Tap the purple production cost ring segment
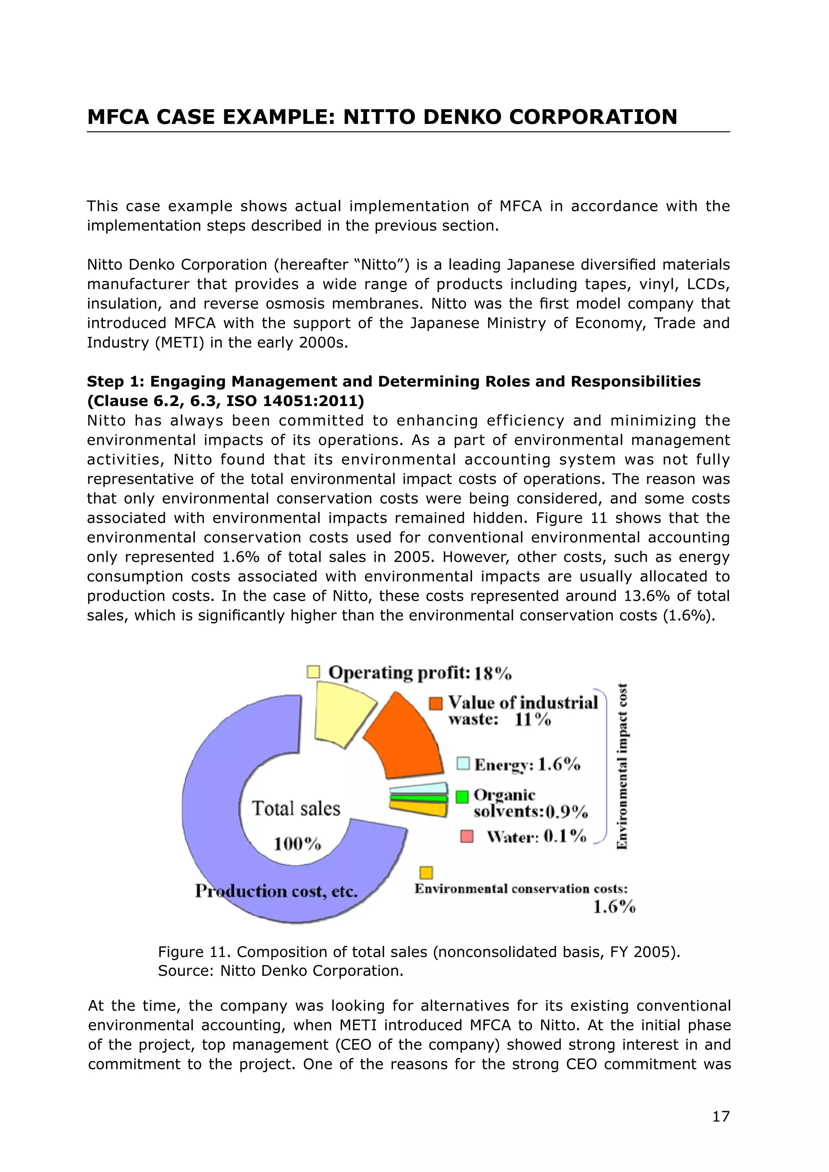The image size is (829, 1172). pos(215,817)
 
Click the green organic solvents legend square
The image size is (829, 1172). pos(462,797)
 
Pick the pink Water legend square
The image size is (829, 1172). pos(467,836)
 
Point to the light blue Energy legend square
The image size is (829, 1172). pos(463,763)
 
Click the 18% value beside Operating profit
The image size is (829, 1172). pos(493,674)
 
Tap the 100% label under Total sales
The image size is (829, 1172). pos(297,844)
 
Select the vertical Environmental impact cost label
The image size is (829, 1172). pos(622,766)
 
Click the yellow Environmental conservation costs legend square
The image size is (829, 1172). pos(426,873)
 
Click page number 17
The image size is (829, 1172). pos(721,1117)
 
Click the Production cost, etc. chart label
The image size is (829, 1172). pos(276,891)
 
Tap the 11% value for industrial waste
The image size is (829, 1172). pos(532,720)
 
